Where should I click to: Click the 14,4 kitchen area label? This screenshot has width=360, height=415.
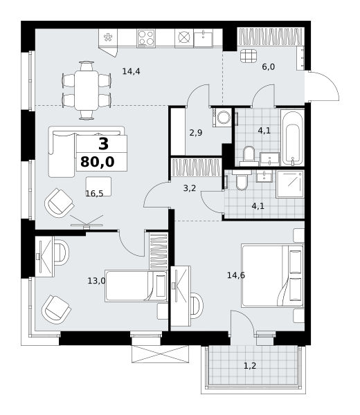pos(131,71)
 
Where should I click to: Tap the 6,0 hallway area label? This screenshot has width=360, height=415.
pos(269,67)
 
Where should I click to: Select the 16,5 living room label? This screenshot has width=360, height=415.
pos(94,194)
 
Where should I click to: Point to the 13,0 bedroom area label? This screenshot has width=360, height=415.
pos(96,281)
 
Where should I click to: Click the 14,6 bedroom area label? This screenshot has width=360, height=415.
pos(236,275)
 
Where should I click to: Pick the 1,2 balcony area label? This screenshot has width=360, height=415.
pos(250,366)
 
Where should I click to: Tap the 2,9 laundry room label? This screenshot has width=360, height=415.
pos(196,133)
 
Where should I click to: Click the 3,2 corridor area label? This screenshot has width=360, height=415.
pos(190,188)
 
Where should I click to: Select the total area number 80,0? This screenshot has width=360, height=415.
pos(97,162)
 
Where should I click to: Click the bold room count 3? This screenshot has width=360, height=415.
pos(103,145)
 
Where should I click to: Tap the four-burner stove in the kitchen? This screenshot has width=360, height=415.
pos(146,38)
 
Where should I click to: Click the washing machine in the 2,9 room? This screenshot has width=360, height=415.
pos(222,116)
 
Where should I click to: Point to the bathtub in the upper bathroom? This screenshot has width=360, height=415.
pos(292,138)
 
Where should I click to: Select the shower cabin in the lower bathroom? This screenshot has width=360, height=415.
pos(290,184)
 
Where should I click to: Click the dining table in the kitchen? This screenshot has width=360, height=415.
pos(87,90)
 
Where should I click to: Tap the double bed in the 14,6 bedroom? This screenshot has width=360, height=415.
pos(272,276)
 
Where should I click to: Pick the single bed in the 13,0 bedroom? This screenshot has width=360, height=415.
pos(136,286)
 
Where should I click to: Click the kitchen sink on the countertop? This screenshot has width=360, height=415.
pos(203,38)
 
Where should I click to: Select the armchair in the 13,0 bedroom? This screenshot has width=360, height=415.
pos(56,310)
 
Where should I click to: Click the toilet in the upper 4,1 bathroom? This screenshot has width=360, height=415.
pos(249,156)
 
